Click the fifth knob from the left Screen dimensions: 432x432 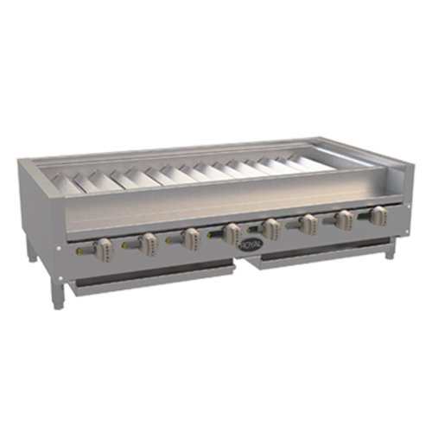coord(271,226)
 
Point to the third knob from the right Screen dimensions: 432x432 coord(308,222)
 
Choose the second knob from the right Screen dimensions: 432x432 coord(343,218)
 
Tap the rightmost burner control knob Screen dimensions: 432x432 coord(378,214)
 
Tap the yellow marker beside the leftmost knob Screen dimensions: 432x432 coord(83,251)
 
